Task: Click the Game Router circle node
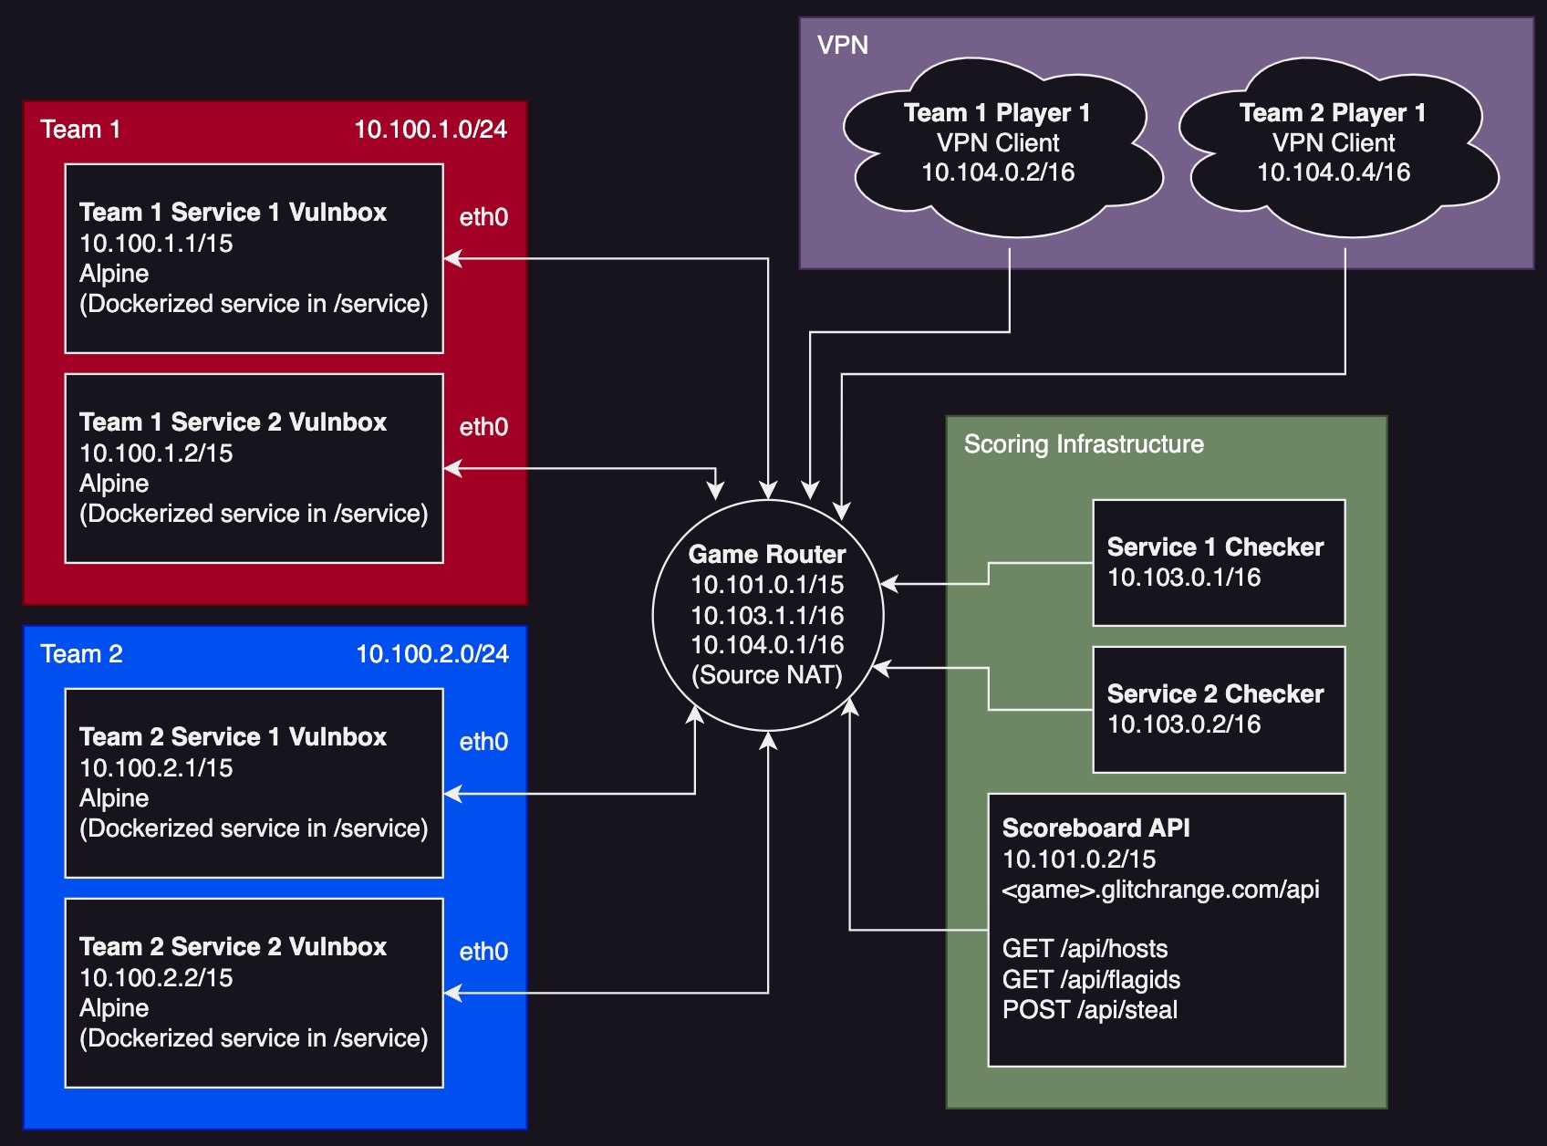coord(768,615)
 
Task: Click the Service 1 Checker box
coord(1219,563)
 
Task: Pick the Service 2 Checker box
coord(1219,710)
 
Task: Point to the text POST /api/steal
coord(1090,1010)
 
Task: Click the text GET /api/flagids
coord(1091,980)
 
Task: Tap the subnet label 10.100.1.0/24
coord(431,130)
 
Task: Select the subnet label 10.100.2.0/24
coord(432,654)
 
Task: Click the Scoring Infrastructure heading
coord(1084,444)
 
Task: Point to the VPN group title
coord(842,46)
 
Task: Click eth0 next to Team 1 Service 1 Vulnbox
coord(483,217)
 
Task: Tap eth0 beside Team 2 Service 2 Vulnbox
coord(483,952)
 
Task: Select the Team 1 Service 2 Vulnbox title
coord(233,422)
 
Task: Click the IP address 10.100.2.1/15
coord(156,768)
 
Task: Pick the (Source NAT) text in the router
coord(767,675)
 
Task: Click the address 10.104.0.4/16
coord(1334,172)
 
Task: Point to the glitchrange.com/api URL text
coord(1160,890)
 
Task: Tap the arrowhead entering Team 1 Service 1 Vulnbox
coord(452,259)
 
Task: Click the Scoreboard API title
coord(1095,828)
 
